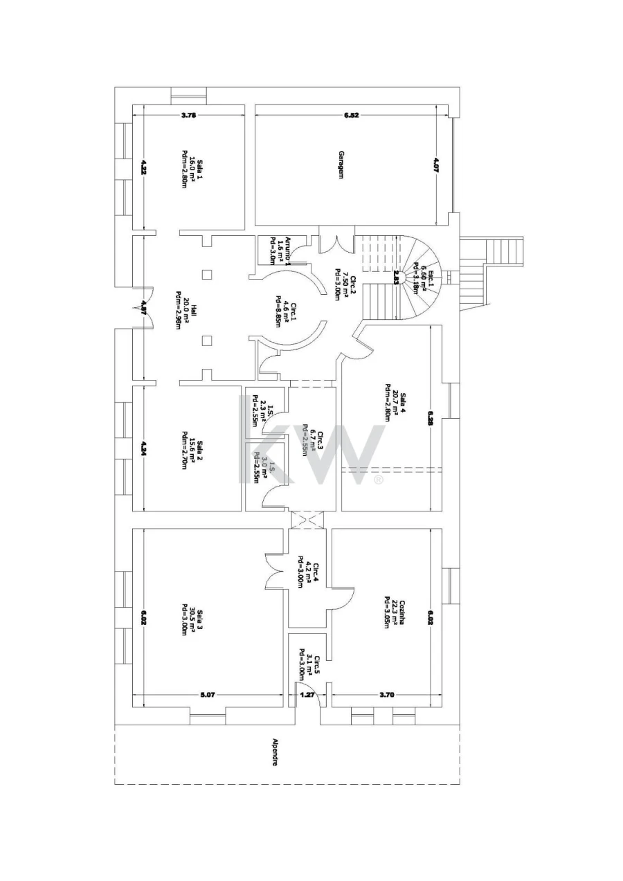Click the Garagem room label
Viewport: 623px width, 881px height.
341,165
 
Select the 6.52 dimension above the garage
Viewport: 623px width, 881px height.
351,116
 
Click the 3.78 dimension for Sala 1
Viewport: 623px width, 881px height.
188,116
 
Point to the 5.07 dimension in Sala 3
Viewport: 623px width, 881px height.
208,695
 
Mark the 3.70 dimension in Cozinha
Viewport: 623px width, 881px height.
386,695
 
